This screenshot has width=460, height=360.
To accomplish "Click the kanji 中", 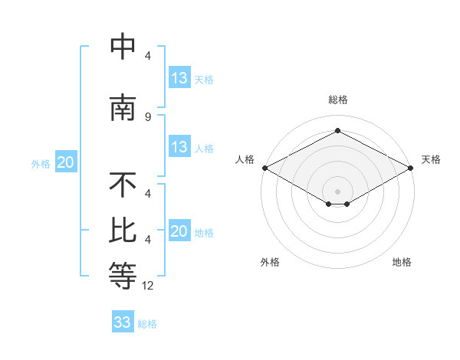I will [x=123, y=47].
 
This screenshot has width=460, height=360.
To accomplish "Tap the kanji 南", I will [x=123, y=108].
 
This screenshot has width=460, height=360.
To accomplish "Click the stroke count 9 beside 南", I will [x=147, y=116].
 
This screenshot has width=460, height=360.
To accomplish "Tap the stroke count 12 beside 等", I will [x=148, y=285].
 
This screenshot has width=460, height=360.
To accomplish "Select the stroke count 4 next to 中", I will [x=147, y=56].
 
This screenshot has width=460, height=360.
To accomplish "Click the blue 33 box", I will [x=123, y=322].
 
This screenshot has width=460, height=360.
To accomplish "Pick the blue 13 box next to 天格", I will [x=179, y=78].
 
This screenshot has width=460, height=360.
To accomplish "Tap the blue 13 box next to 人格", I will [x=179, y=147].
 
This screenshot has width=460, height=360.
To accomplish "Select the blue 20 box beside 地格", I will [x=179, y=231].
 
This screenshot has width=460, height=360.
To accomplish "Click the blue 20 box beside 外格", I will [x=66, y=162].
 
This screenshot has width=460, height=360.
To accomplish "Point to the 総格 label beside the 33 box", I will [x=148, y=324].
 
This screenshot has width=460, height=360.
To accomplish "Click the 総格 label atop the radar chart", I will [x=338, y=100].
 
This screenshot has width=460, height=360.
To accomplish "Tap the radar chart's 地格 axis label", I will [x=402, y=262].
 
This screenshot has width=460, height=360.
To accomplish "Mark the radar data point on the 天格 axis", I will [x=412, y=168].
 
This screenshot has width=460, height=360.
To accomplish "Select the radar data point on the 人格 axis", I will [x=264, y=168].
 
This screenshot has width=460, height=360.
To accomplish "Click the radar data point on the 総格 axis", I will [x=338, y=131].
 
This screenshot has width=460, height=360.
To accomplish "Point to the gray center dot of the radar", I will [x=338, y=191].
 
